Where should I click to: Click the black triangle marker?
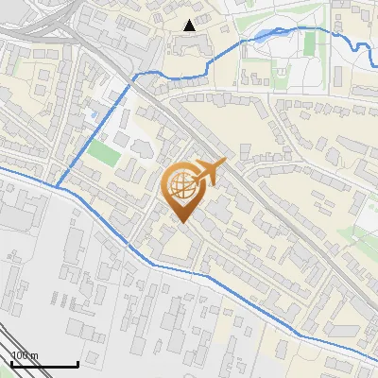click(191, 25)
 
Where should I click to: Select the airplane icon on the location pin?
click(209, 172)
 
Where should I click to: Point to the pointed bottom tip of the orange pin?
click(181, 222)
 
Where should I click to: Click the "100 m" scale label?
click(25, 354)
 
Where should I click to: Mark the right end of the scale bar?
click(77, 365)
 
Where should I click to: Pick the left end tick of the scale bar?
click(11, 365)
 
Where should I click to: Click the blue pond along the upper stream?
click(262, 38)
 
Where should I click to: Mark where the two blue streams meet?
click(58, 186)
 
